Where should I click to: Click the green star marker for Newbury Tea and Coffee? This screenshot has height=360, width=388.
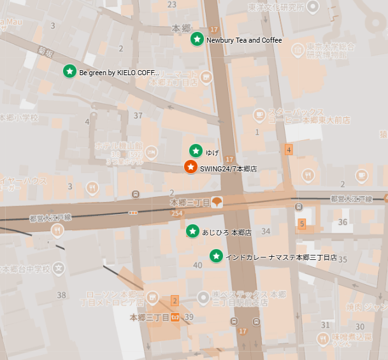coord(198,40)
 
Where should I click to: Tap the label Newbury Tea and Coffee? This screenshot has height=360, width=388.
coord(244,40)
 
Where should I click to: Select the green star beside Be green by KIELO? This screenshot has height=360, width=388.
coord(69,71)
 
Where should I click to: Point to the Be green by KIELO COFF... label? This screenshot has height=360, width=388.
coord(119,73)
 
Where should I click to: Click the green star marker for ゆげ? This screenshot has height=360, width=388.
coord(196,151)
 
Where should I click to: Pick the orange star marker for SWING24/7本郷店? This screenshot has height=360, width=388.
coord(190,167)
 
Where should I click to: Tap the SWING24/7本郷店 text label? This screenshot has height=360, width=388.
coord(228,169)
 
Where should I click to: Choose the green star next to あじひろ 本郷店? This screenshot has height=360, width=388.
coord(192,231)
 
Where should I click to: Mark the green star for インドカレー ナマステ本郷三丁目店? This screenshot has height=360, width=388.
coord(217,256)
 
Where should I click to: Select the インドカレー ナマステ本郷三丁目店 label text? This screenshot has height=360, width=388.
coord(281,257)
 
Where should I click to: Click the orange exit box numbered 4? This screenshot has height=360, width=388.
coord(289,150)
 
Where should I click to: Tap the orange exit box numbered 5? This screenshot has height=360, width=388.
coord(302,224)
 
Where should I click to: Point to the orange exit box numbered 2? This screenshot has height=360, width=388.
coord(175,300)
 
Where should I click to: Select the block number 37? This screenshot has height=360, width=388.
coord(138,115)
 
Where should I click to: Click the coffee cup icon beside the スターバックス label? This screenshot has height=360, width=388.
coord(259,114)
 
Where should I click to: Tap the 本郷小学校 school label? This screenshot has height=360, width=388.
coord(19,118)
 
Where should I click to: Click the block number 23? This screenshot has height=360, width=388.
coord(171,4)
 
